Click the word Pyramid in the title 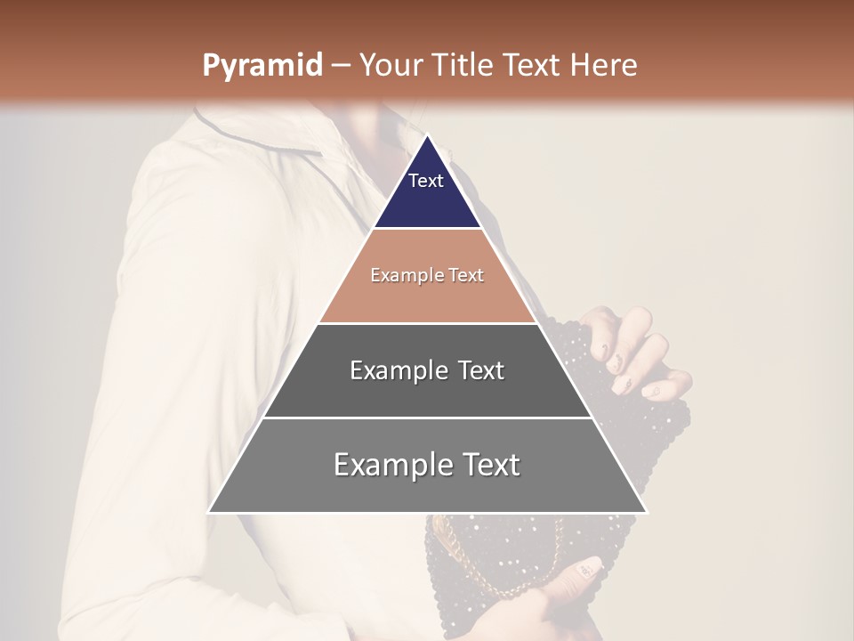[x=262, y=66]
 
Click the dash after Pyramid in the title [x=340, y=67]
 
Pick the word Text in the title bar [x=533, y=66]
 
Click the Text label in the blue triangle [x=426, y=181]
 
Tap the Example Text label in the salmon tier [x=427, y=275]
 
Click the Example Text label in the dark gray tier [x=427, y=370]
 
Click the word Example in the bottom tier [x=388, y=465]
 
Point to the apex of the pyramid [x=427, y=135]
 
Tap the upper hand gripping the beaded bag [x=636, y=347]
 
